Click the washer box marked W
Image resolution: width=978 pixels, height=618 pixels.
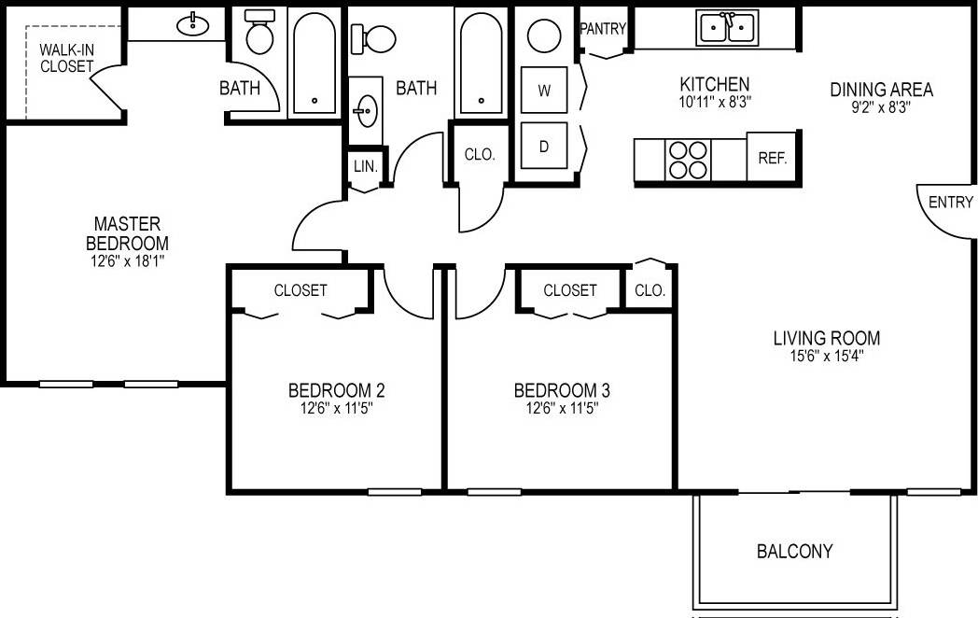(544, 91)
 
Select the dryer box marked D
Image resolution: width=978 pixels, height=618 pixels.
(544, 146)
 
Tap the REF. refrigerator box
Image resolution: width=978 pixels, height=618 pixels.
(773, 158)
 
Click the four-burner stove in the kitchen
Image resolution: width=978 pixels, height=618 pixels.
(689, 158)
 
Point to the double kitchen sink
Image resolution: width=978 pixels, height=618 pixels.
(728, 28)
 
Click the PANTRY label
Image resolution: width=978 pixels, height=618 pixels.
(603, 29)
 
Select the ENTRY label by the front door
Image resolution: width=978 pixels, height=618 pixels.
(951, 202)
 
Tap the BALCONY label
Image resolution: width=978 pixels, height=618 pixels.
(794, 551)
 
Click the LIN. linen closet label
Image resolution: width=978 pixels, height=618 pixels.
(365, 166)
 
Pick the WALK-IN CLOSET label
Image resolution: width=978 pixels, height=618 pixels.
(66, 58)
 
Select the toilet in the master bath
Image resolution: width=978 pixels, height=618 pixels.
(258, 35)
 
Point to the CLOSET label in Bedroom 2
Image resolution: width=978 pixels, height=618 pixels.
(300, 290)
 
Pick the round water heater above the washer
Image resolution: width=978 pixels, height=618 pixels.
(544, 36)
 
